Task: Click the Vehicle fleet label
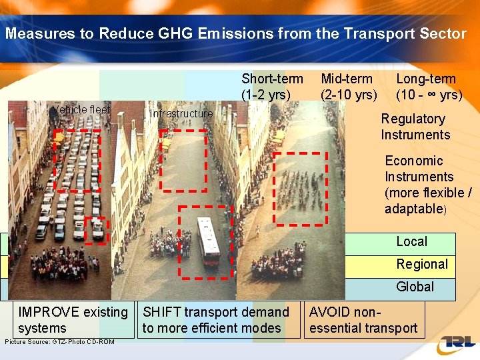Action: (82, 110)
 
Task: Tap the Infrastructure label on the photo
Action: (181, 114)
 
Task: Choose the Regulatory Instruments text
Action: (415, 127)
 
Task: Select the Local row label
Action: (411, 242)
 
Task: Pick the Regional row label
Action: (422, 265)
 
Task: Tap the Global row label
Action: (415, 287)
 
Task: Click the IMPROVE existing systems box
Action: (73, 320)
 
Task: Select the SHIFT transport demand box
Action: (216, 320)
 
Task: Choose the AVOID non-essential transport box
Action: (363, 320)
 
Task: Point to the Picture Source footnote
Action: (59, 342)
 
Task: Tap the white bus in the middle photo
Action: (209, 241)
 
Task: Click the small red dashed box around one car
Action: (96, 231)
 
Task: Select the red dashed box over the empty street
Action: (183, 161)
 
